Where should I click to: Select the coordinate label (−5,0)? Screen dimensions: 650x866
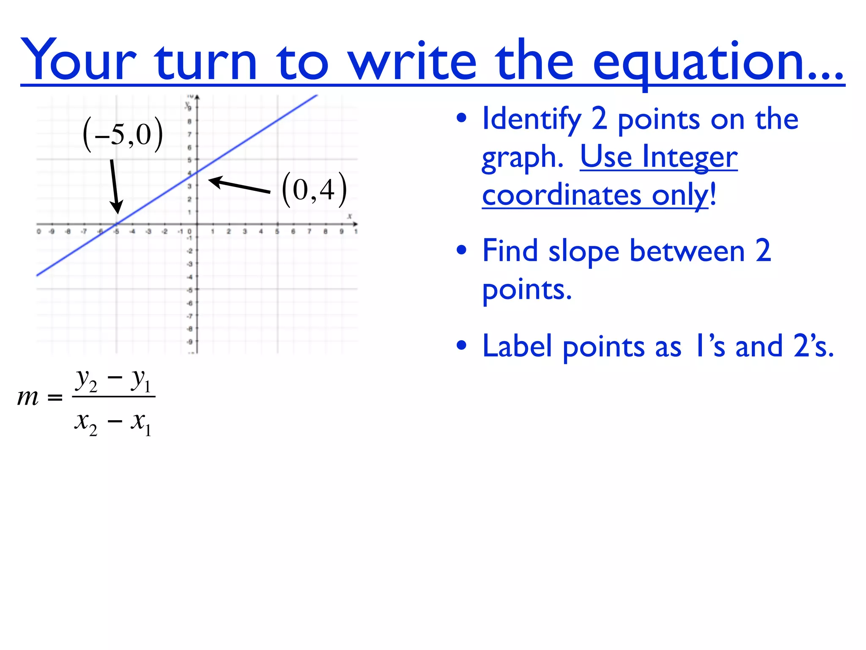coord(123,135)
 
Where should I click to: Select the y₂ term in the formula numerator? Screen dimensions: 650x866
coord(86,380)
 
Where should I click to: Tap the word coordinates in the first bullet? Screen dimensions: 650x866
coord(562,195)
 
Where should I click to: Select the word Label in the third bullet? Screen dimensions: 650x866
coord(517,347)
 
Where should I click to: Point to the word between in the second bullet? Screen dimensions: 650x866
coord(687,251)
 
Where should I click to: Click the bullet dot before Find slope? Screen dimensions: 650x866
coord(461,251)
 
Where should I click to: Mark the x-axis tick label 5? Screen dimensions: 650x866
coord(277,231)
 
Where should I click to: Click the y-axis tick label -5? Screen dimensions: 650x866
coord(190,290)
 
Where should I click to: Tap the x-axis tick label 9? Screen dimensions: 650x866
coord(342,231)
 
